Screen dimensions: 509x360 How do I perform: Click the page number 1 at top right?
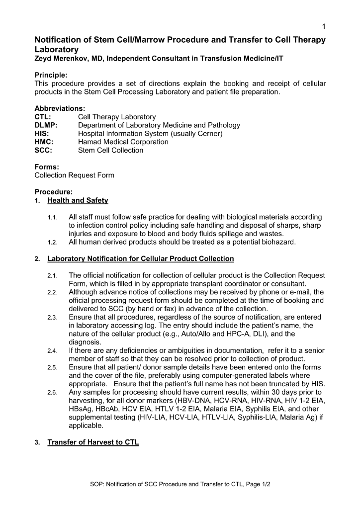coord(323,26)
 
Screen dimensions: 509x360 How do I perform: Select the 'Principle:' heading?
coord(51,76)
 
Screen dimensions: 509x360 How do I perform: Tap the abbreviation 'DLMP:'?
coord(46,125)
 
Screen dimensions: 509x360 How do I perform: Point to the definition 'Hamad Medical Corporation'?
coord(123,142)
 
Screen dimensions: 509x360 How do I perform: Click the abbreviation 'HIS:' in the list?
coord(42,134)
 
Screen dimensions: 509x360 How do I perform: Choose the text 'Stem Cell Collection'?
coord(110,150)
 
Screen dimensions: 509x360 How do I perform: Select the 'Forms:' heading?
coord(47,167)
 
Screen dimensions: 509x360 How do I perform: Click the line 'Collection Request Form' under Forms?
coord(74,175)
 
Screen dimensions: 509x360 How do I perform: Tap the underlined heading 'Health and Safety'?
coord(78,201)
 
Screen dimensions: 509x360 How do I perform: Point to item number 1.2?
coord(53,243)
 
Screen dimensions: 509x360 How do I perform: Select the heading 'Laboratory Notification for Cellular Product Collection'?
coord(141,259)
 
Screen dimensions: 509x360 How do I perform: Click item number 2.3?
coord(53,318)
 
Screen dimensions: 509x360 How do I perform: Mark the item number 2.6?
coord(53,393)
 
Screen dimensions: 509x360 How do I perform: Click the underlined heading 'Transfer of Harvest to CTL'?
coord(93,443)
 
